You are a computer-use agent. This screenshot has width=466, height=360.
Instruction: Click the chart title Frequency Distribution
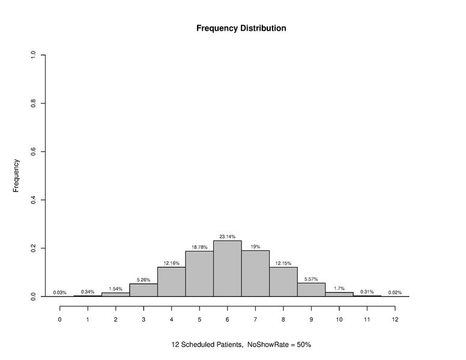point(241,28)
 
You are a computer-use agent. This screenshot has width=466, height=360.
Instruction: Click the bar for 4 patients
point(171,281)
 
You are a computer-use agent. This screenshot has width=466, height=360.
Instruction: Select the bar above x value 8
point(283,281)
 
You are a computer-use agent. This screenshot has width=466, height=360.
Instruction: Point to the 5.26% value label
point(144,280)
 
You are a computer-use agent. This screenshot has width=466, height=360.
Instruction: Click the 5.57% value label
point(311,279)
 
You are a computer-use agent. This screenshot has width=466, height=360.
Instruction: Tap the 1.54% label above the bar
point(115,289)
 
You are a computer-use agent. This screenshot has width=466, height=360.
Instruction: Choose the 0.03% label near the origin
point(59,292)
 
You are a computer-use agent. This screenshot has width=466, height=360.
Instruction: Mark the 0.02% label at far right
point(395,292)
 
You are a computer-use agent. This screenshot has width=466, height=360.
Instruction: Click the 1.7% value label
point(339,288)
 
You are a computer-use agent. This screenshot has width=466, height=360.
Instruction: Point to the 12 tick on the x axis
point(395,319)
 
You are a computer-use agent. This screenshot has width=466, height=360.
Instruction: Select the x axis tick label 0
point(59,319)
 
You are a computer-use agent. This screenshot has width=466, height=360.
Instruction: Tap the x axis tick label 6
point(227,319)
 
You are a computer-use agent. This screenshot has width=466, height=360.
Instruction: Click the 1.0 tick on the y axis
point(34,55)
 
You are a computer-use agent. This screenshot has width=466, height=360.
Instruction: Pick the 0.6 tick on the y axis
point(34,152)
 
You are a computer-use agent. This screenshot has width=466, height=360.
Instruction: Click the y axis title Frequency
point(17,175)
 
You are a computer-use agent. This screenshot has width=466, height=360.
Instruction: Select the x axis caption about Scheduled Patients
point(241,345)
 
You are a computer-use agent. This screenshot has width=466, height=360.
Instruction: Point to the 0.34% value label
point(88,292)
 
